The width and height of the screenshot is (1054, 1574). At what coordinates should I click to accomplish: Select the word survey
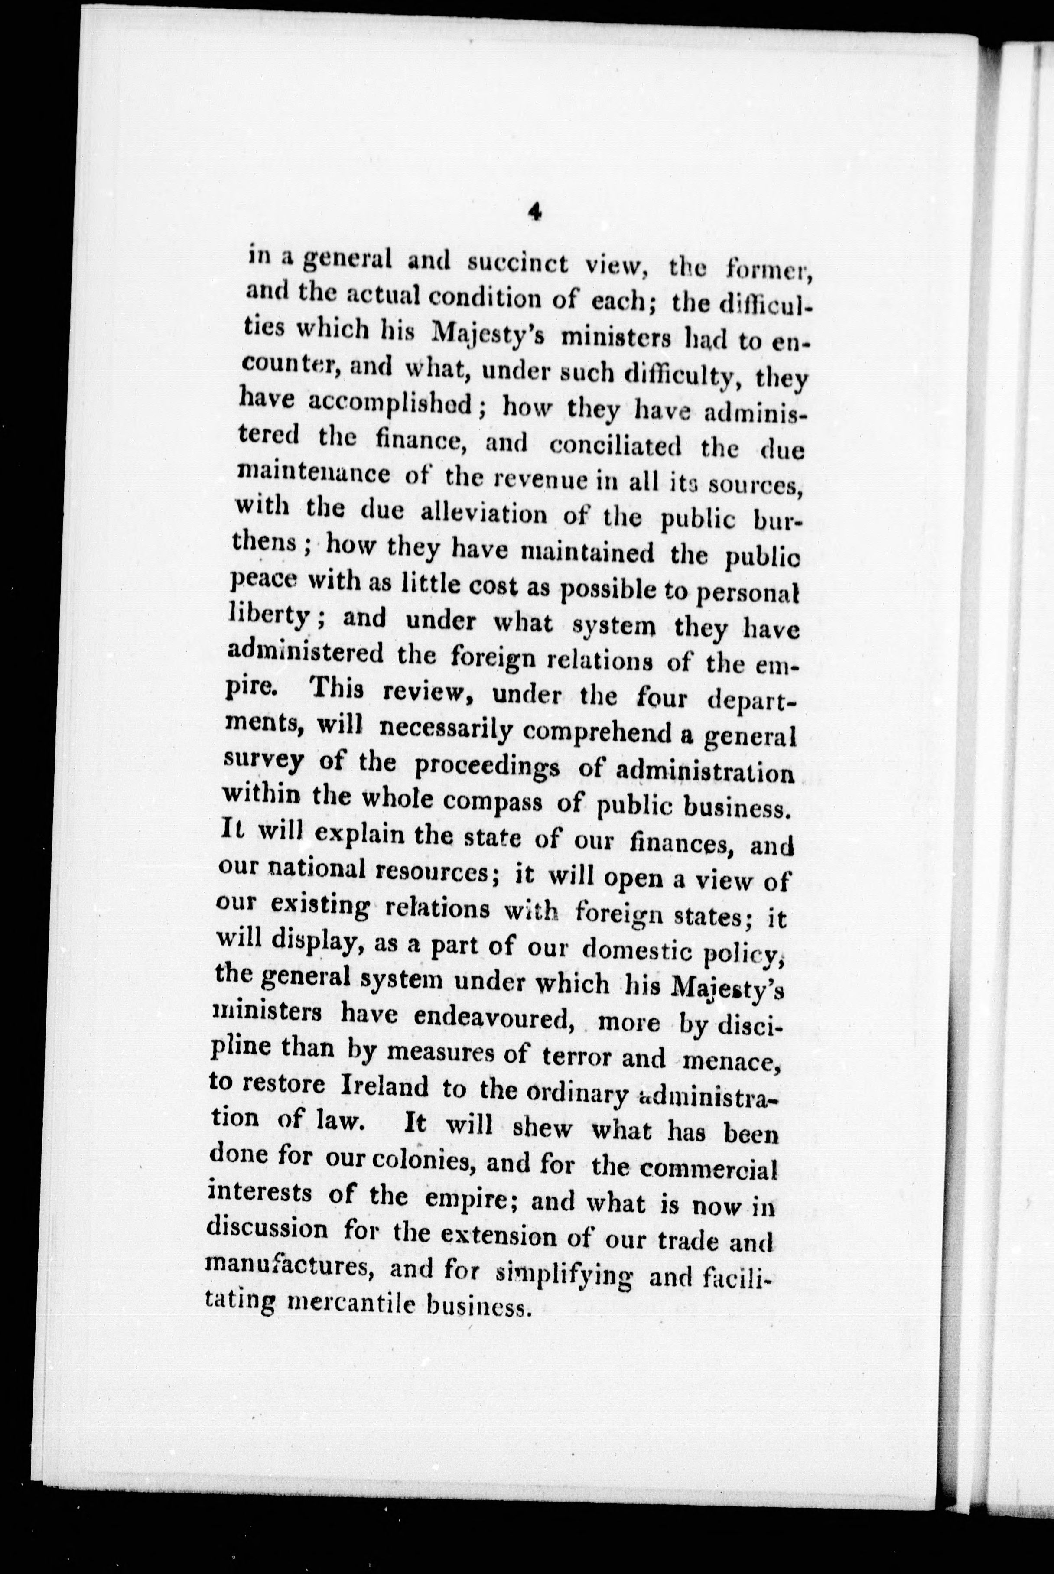pyautogui.click(x=262, y=763)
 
